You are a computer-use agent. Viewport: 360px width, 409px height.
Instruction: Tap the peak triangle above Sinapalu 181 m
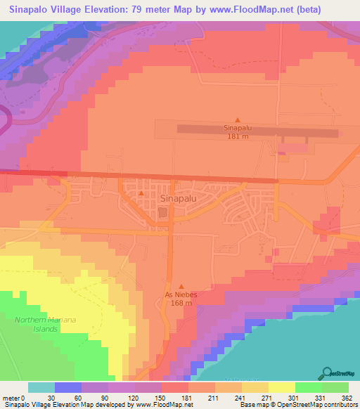coord(237,119)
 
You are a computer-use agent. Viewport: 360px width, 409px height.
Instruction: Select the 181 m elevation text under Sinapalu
coord(237,137)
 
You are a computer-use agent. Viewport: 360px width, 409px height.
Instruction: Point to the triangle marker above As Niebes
coord(181,286)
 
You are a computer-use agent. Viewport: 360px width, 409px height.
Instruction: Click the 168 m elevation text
coord(181,304)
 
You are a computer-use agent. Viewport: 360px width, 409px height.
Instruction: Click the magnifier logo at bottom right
coord(328,373)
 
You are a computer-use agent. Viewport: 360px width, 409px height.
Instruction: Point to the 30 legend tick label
coord(52,396)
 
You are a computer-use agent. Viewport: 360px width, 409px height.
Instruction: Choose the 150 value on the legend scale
coord(160,396)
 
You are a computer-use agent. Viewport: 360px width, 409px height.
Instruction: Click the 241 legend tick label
coord(240,396)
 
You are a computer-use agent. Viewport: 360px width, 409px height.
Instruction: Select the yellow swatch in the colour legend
coord(281,387)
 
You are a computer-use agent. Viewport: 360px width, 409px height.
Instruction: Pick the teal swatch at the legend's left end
coord(41,387)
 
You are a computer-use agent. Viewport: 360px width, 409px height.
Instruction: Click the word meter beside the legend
coord(12,396)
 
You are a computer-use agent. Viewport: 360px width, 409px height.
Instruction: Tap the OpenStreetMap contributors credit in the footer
coord(320,405)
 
